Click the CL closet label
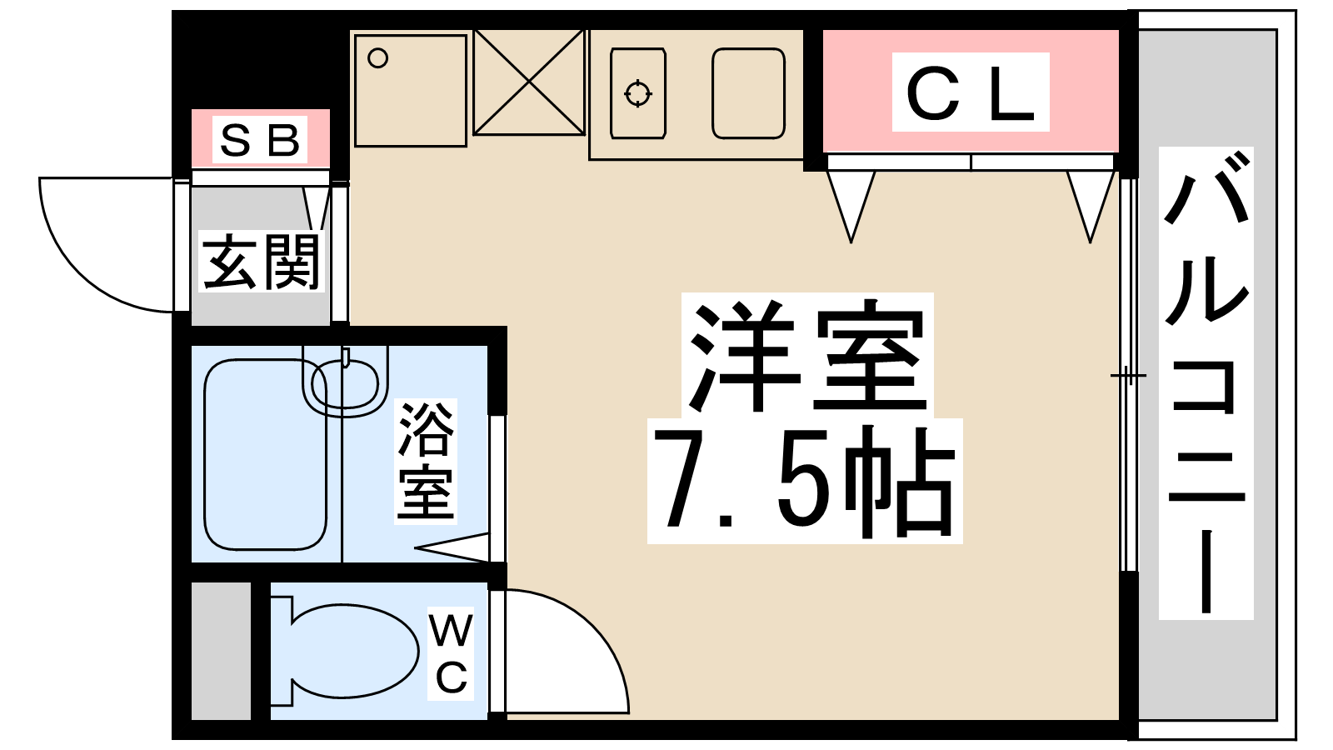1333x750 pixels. [x=971, y=92]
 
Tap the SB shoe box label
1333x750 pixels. [x=260, y=140]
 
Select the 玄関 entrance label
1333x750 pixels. [x=262, y=262]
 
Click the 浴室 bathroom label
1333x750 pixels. [x=426, y=461]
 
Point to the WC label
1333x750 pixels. [x=452, y=653]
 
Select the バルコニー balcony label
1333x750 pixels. [x=1206, y=383]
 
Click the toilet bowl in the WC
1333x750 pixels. [x=354, y=651]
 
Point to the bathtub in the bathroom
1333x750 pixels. [x=265, y=455]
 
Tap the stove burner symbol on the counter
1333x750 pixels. [x=638, y=93]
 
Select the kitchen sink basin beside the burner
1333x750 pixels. [x=748, y=93]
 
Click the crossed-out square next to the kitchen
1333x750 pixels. [x=529, y=82]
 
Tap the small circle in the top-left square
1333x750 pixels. [x=378, y=58]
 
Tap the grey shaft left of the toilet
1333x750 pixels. [x=221, y=650]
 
